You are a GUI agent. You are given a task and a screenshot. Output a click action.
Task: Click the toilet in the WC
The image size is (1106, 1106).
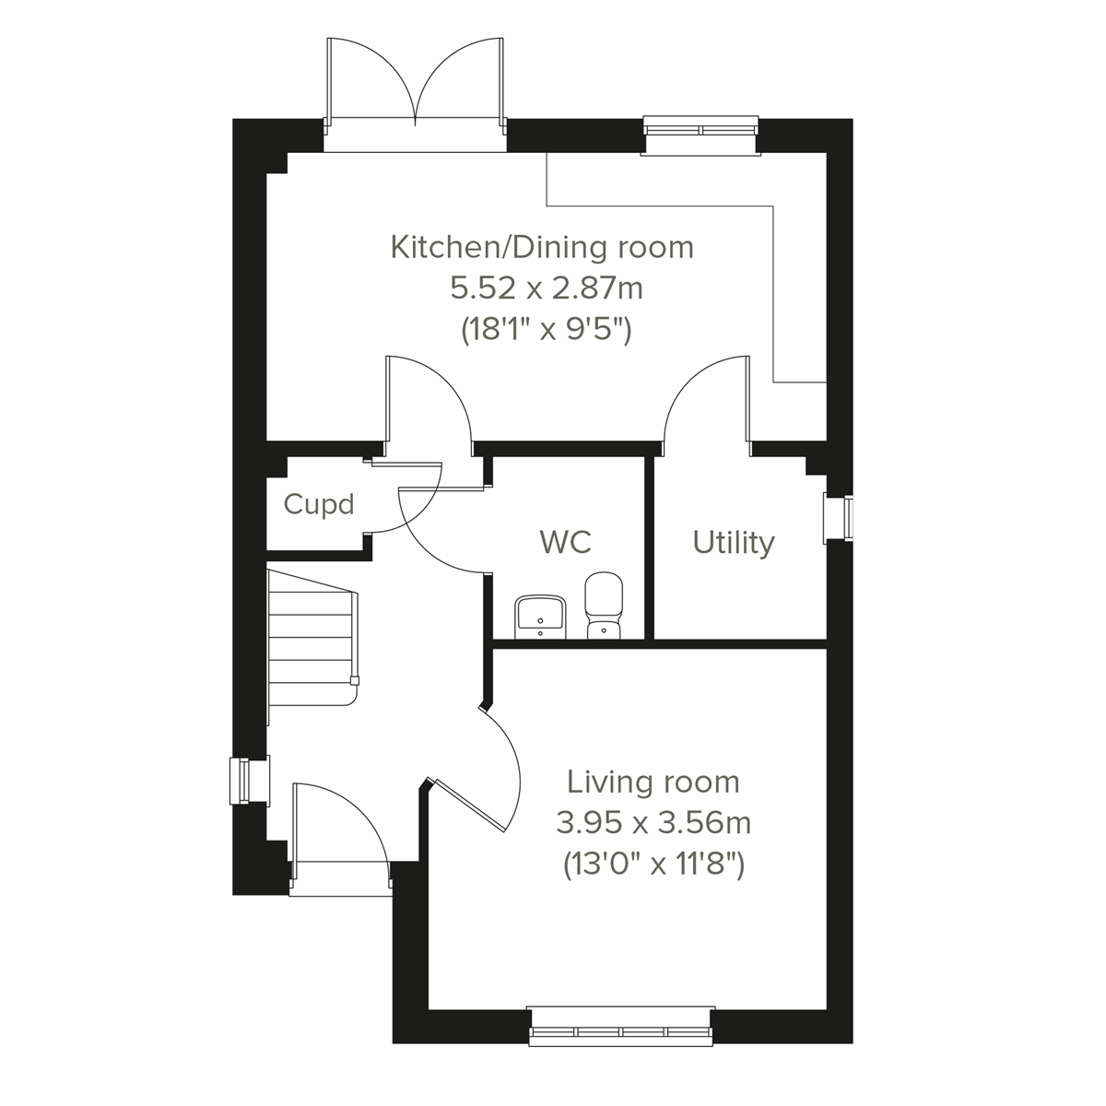pos(604,605)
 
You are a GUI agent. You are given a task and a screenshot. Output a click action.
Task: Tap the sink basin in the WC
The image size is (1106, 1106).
pos(540,615)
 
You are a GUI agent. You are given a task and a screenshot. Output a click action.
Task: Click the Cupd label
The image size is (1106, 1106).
pos(319,505)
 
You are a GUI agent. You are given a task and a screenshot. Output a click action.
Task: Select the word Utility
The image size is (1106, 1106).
pos(733,542)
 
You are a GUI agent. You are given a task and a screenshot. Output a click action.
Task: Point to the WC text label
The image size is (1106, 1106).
pos(565,541)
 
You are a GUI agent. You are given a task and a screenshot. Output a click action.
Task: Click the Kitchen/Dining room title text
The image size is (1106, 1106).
pos(542,247)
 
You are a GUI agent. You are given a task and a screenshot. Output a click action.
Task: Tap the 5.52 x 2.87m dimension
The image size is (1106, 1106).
pos(546,288)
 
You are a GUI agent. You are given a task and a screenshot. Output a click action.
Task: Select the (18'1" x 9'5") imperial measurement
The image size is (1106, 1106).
pos(546,329)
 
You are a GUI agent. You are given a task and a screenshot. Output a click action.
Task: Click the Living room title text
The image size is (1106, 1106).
pos(653,782)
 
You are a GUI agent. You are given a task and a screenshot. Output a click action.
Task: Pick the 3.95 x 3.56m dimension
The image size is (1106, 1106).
pos(653,822)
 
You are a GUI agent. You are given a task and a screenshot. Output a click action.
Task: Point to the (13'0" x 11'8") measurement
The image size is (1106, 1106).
pos(653,864)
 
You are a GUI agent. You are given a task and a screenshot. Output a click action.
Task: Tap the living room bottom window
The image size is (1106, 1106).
pos(622,1026)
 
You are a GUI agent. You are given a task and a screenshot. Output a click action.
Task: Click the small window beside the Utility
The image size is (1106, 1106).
pos(839,516)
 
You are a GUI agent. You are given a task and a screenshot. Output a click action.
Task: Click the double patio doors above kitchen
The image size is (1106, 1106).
pos(416,88)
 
